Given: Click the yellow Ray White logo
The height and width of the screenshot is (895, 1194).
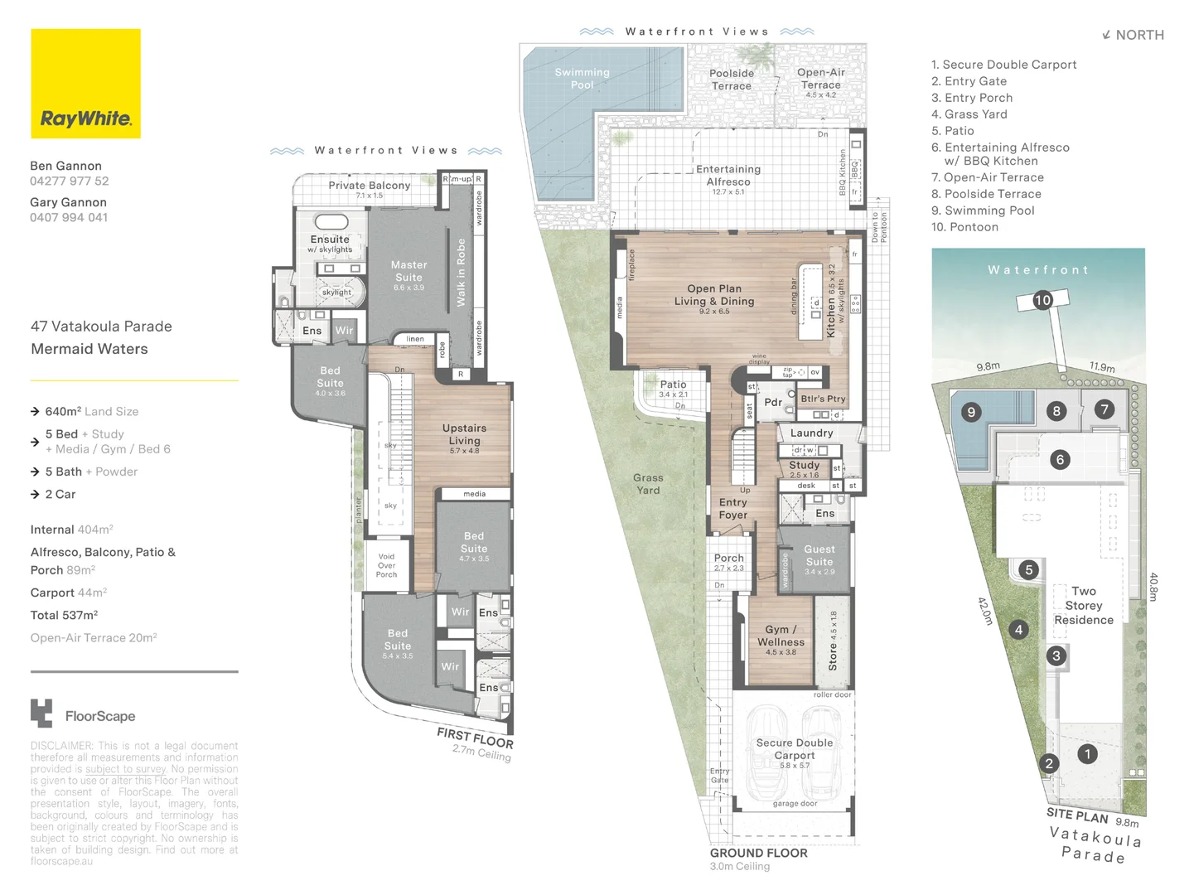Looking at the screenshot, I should pos(85,84).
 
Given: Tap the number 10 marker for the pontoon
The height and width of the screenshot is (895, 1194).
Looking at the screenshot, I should pos(1042,300).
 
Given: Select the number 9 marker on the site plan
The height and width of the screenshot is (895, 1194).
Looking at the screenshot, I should pos(971,412).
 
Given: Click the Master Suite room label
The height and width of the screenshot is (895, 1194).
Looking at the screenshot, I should pos(408,271).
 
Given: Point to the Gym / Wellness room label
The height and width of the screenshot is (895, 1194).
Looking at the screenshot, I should pos(781,636).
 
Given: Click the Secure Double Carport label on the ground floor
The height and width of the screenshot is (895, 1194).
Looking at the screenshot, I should pos(794,749).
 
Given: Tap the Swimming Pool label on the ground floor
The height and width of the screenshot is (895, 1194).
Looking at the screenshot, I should pos(582,79).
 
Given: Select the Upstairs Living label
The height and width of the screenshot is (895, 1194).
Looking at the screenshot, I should pos(464,434).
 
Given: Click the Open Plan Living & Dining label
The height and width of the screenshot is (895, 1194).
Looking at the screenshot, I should pos(714,295).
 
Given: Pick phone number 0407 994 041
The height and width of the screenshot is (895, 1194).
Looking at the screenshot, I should pos(69,218).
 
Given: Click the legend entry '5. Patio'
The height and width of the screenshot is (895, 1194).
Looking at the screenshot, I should pos(952,131).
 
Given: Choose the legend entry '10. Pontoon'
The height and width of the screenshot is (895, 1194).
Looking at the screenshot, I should pos(964,227).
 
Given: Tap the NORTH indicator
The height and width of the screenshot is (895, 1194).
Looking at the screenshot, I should pos(1133,35).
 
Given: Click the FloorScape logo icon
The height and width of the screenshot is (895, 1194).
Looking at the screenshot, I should pos(41,714).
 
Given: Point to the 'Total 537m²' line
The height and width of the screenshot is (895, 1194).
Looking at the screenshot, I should pos(64,615).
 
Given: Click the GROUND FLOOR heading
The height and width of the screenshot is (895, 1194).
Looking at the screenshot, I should pos(758,853).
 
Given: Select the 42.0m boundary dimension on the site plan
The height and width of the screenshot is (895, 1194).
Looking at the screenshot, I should pos(984,611).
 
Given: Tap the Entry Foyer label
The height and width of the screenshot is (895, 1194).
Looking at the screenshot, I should pos(732,509).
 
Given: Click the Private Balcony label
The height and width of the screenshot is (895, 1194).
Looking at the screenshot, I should pos(369,186).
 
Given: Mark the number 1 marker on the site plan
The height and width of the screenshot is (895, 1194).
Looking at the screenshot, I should pos(1087,754).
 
